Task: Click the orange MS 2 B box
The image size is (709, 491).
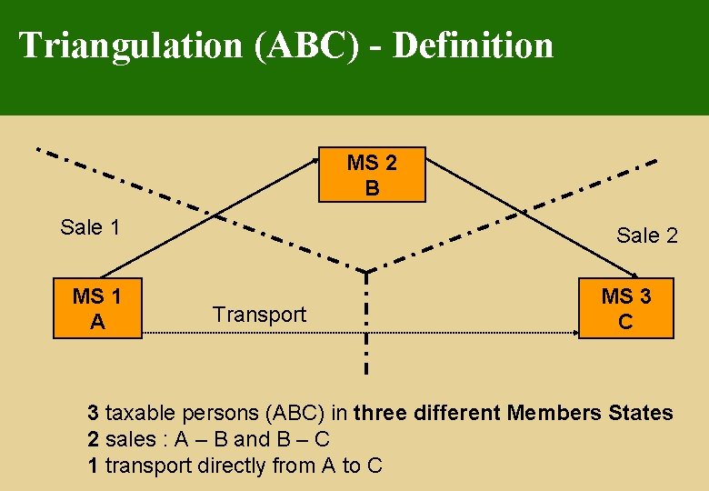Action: [372, 175]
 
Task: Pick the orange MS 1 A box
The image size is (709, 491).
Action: [98, 309]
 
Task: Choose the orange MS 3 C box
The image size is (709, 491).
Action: [626, 309]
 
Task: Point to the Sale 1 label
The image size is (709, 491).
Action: [90, 227]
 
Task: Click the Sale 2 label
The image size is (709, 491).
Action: [647, 235]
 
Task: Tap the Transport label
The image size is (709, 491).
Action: [259, 315]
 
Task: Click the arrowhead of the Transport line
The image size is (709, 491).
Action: [574, 335]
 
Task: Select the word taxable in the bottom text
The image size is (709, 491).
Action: [141, 413]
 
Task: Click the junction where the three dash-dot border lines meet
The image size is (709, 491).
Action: [366, 270]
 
